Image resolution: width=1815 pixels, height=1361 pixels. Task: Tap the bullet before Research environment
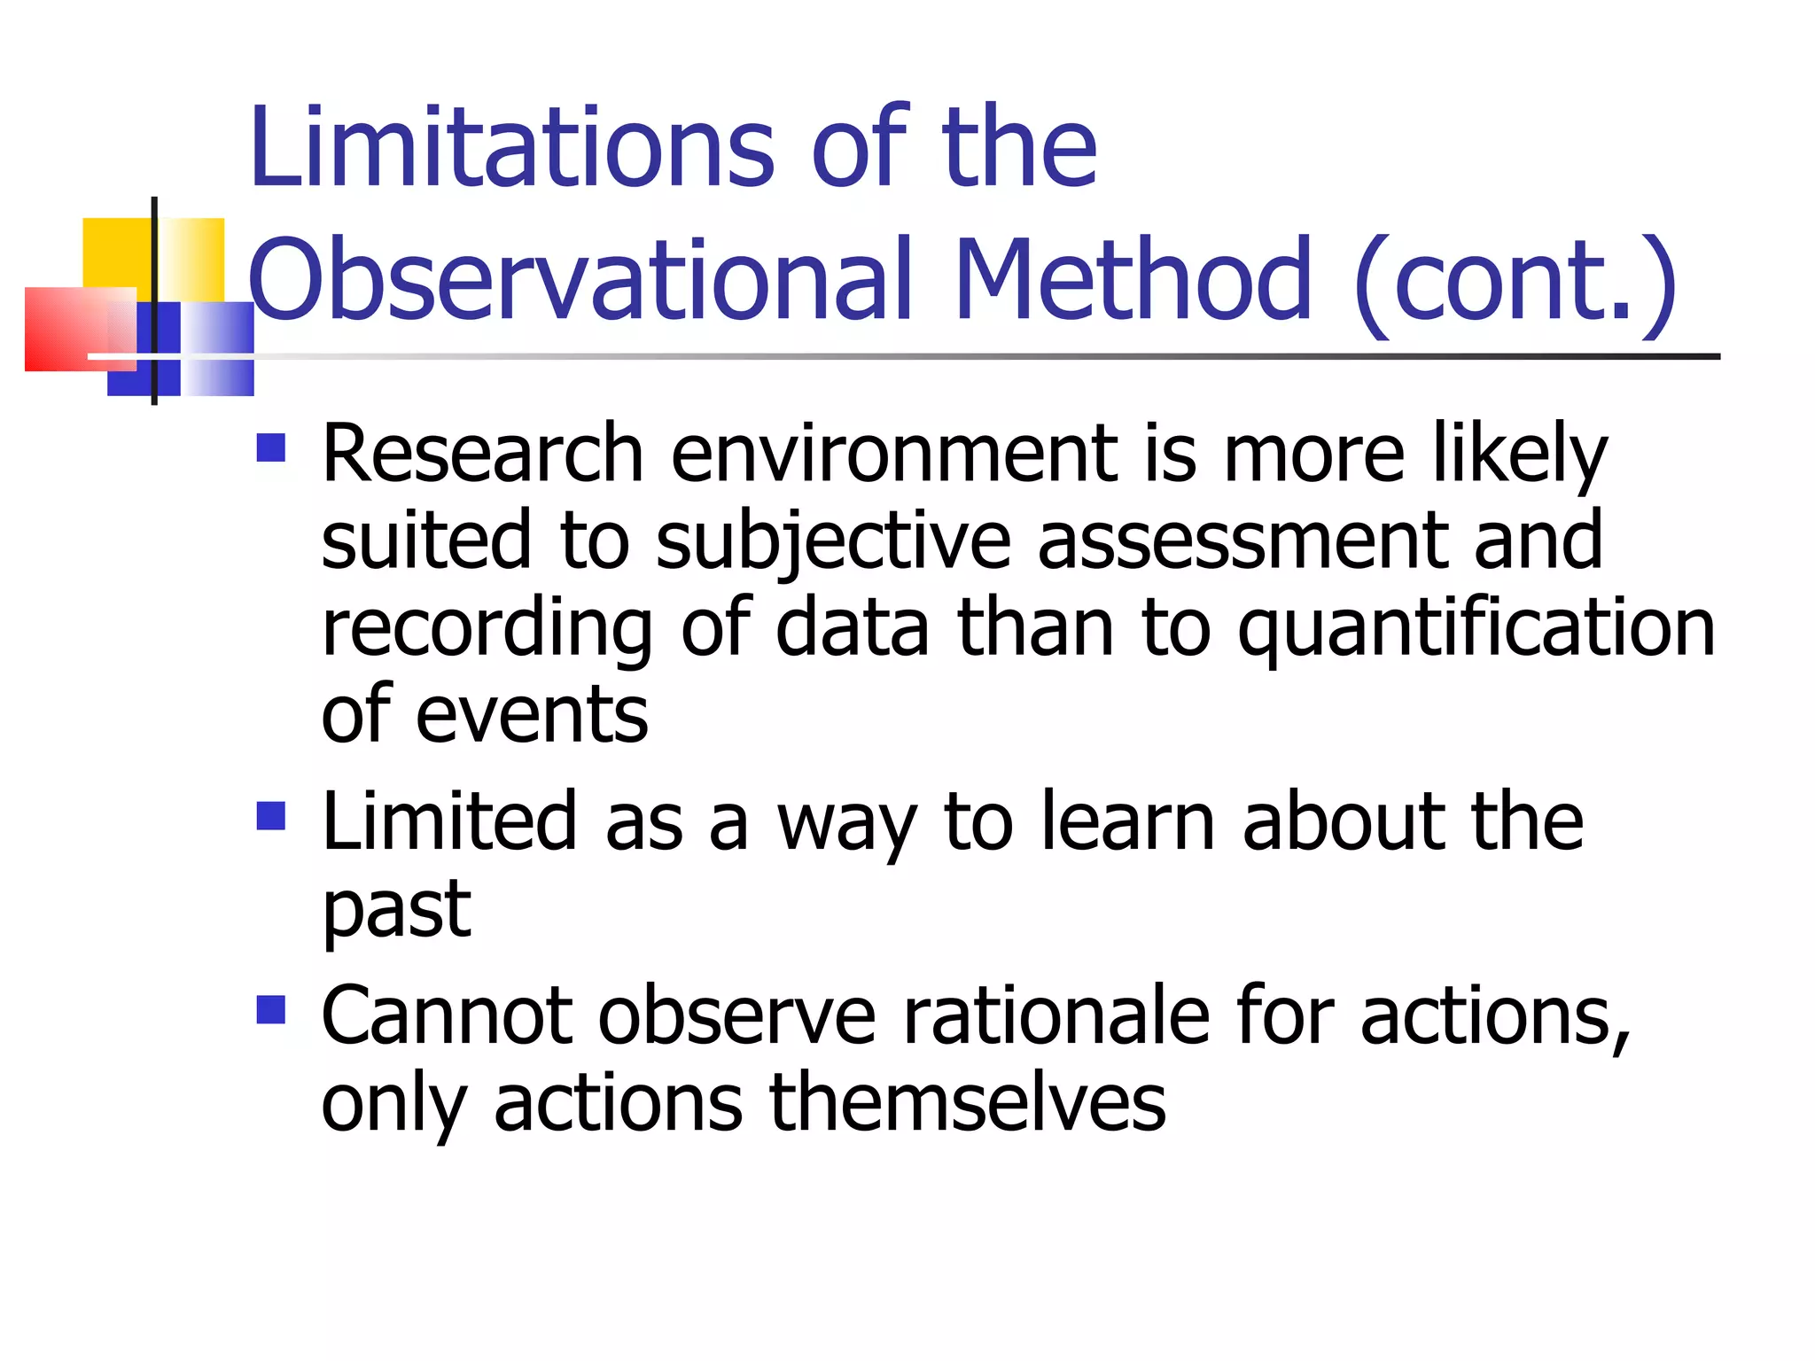270,447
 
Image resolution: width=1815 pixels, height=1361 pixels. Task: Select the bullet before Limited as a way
270,815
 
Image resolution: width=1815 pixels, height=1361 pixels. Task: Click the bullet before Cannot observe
270,1009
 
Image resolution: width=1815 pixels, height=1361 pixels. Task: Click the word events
532,715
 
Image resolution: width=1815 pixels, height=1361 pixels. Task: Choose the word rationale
1056,1016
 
